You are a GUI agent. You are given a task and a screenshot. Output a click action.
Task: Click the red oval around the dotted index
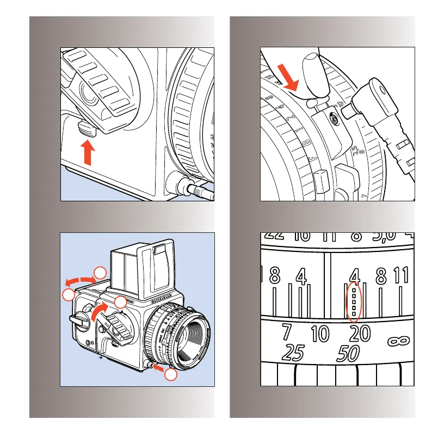354,301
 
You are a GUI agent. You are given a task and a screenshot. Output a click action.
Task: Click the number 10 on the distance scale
320,333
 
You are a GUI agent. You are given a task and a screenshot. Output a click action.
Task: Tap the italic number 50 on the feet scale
348,354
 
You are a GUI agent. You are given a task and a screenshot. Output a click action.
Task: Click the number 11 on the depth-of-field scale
402,276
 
